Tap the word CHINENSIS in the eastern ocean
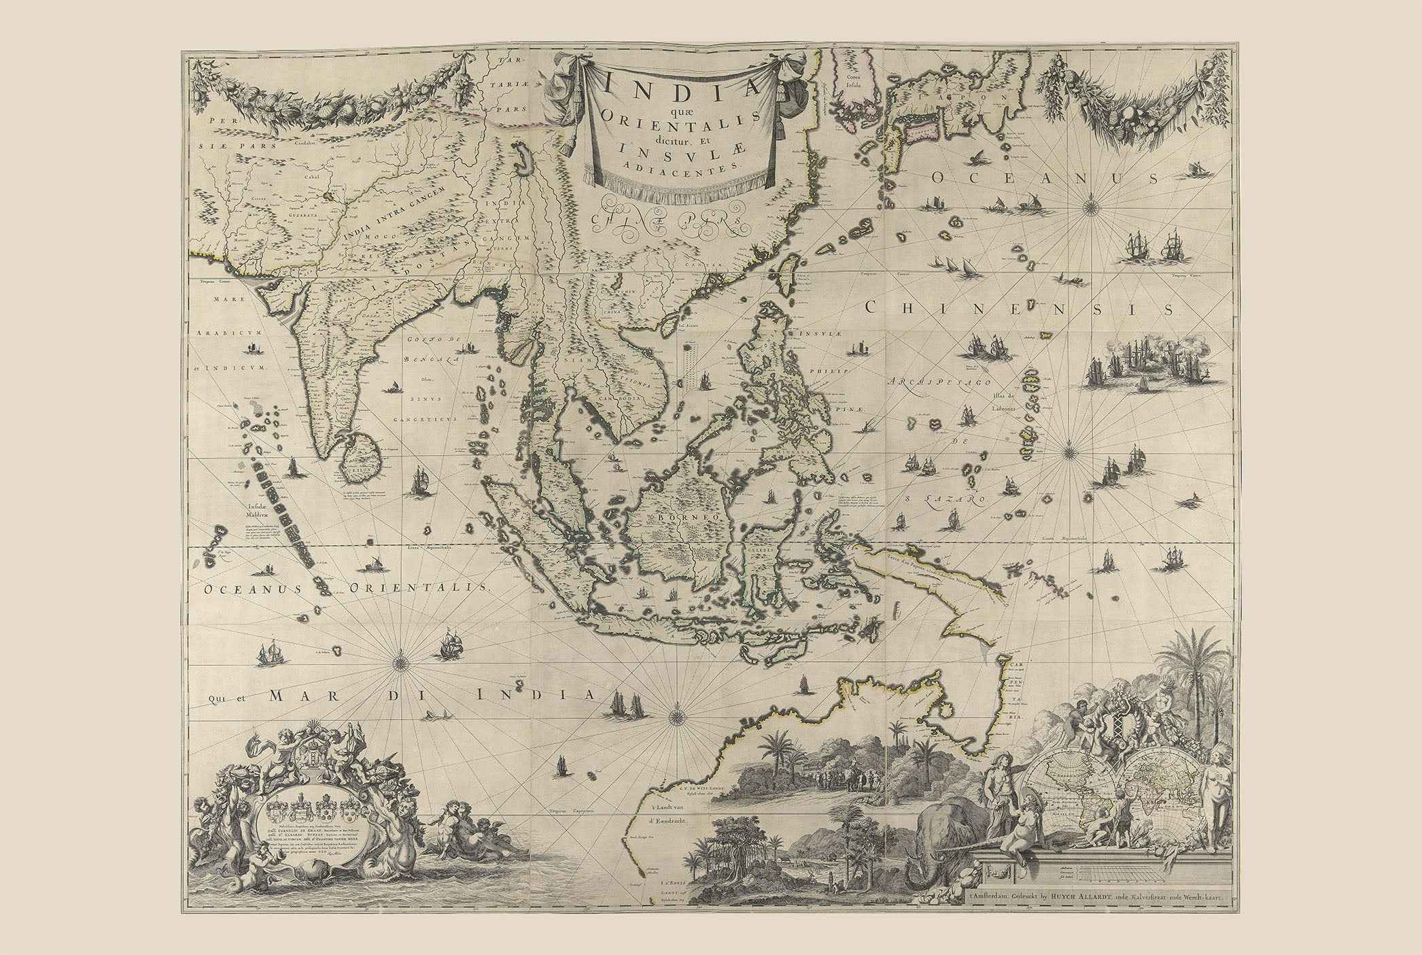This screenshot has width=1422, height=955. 1020,308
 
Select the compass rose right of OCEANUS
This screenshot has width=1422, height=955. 1296,200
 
